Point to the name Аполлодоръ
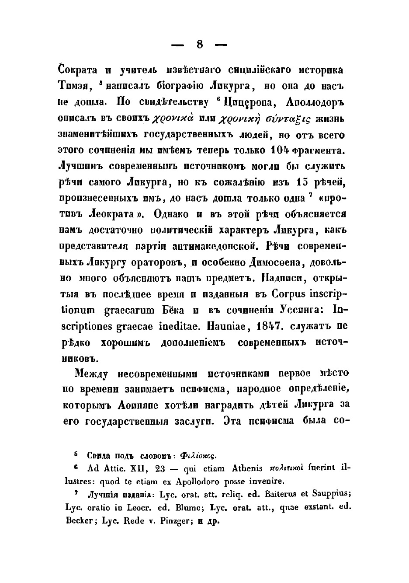tap(315, 103)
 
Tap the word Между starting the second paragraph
tap(93, 374)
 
